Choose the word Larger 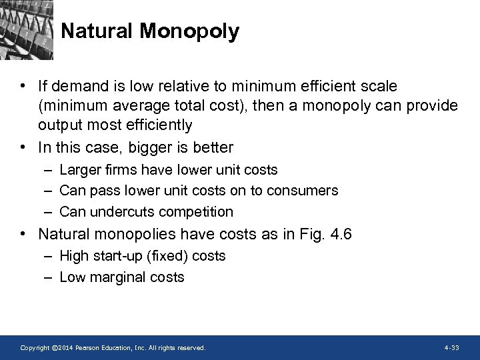tap(79, 171)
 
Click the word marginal tap(115, 277)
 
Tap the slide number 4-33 tap(451, 348)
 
